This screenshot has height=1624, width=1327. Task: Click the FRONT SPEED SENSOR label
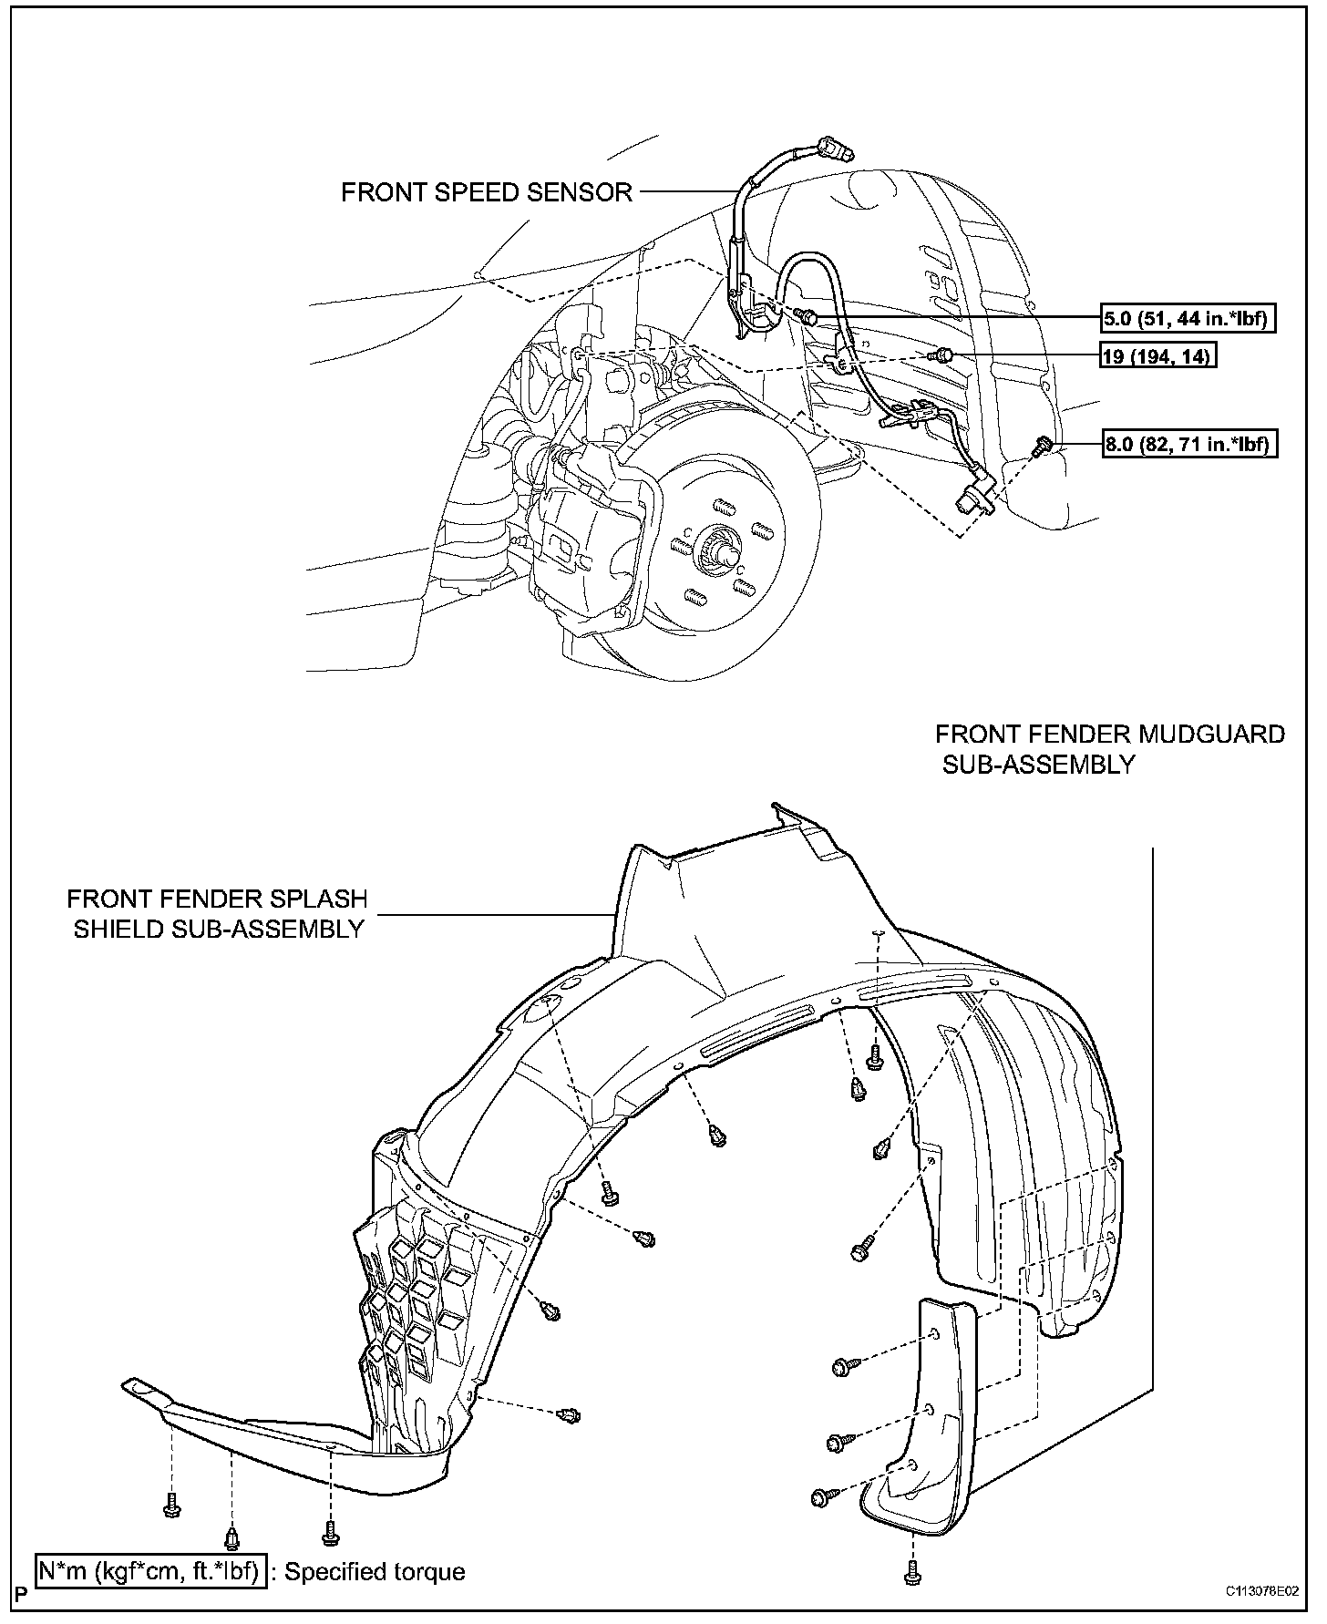point(487,192)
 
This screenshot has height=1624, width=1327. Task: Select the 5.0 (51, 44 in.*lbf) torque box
point(1188,318)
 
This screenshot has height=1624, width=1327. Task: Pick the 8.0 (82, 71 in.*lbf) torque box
point(1188,445)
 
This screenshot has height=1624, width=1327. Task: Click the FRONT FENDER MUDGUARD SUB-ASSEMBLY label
point(1109,749)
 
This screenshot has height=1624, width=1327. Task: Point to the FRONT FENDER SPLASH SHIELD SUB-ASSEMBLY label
point(217,913)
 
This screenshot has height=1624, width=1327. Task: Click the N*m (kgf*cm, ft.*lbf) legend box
point(151,1571)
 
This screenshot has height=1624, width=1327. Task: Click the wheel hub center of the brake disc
point(720,549)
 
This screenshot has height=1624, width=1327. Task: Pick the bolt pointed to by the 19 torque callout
point(944,355)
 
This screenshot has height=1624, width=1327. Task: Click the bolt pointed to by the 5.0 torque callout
point(808,317)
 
